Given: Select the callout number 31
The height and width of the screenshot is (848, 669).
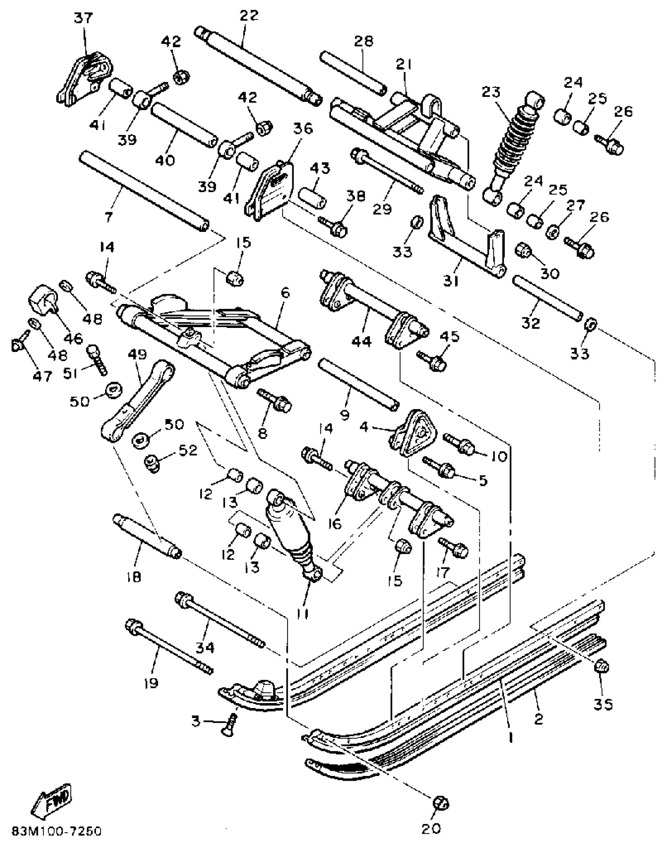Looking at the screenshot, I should tap(451, 281).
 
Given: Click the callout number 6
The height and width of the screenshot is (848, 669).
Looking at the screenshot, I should tap(285, 293).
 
